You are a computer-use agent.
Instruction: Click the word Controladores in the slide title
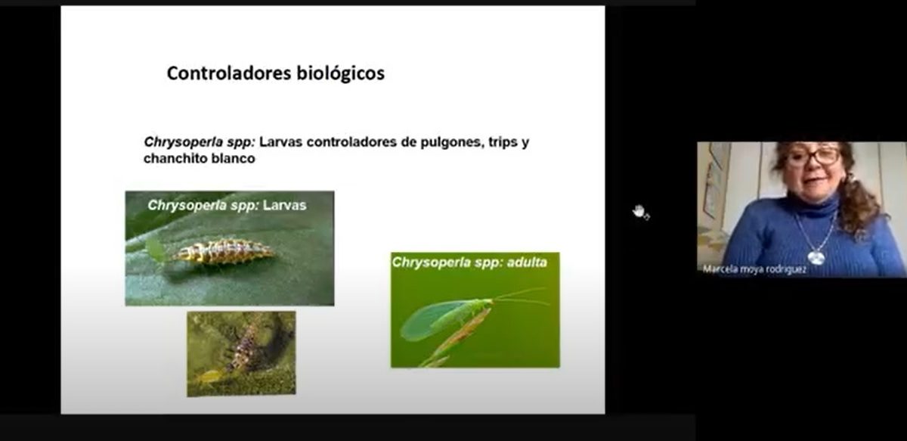pos(229,73)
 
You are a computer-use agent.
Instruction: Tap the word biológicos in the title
pos(341,74)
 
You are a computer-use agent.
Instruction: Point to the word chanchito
pos(175,158)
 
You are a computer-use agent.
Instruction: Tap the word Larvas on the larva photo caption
pos(285,205)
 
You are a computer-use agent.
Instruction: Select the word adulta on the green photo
pos(527,262)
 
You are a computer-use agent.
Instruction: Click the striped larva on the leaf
pos(224,251)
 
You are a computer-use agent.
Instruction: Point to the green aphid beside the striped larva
pos(156,250)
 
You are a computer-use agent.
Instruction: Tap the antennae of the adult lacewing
pos(520,296)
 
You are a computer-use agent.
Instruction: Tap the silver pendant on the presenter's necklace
pos(816,258)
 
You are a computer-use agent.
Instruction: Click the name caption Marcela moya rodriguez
pos(754,269)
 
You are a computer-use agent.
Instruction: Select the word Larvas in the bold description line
pos(281,142)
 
